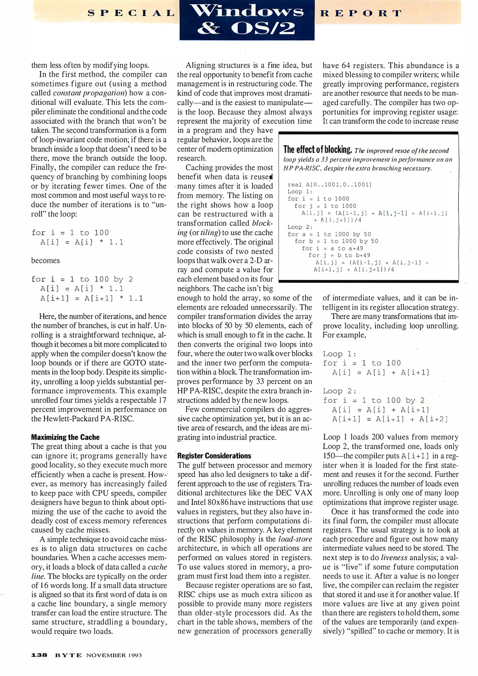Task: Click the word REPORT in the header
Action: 361,13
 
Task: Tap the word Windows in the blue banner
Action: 247,12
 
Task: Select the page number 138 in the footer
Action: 39,655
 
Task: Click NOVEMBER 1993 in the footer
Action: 114,655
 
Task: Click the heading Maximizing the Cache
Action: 65,437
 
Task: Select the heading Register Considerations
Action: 214,456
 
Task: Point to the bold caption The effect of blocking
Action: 318,150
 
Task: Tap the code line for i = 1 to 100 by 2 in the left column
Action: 82,279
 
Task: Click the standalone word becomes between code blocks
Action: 45,261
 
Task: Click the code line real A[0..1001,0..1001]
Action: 329,185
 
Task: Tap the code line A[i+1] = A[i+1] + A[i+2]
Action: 390,419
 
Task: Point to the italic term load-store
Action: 295,539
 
